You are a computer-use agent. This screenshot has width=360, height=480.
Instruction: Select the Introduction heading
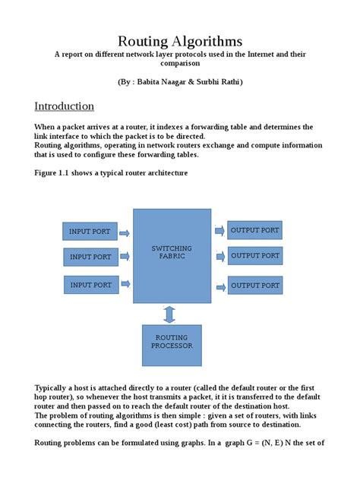pyautogui.click(x=65, y=106)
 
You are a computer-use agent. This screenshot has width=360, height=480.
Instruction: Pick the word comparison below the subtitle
pyautogui.click(x=180, y=64)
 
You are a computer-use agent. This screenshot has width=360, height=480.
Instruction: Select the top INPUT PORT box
pyautogui.click(x=90, y=231)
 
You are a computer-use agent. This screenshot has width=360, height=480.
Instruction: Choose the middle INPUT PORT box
pyautogui.click(x=90, y=257)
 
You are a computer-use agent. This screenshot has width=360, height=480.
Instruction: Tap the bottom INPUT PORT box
pyautogui.click(x=90, y=285)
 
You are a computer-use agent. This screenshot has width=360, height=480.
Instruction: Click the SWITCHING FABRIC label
pyautogui.click(x=172, y=252)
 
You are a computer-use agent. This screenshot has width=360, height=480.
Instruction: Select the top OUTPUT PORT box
pyautogui.click(x=254, y=230)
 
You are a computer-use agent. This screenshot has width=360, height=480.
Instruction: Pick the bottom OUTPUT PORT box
pyautogui.click(x=254, y=286)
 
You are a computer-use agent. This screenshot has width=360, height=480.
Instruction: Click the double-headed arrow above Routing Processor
pyautogui.click(x=169, y=313)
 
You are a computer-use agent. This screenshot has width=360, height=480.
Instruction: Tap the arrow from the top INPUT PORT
pyautogui.click(x=125, y=233)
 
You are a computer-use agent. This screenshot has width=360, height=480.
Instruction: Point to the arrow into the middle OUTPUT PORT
pyautogui.click(x=219, y=257)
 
